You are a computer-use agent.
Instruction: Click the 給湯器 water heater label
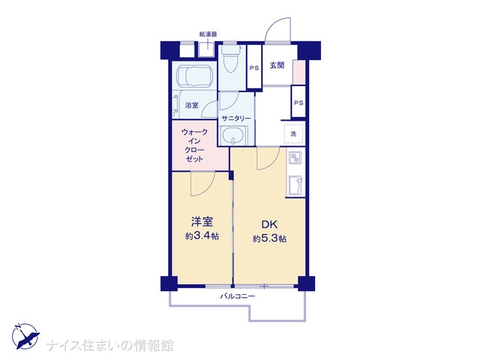(208, 34)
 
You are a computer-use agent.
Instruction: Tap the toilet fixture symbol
(231, 59)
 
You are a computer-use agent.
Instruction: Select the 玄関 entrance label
(277, 65)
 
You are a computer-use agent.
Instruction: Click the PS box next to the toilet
(254, 67)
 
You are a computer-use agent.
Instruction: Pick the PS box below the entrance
(298, 102)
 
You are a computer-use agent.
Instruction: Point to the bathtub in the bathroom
(193, 76)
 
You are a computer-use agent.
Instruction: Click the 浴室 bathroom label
(192, 105)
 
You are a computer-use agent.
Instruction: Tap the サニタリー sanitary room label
(236, 118)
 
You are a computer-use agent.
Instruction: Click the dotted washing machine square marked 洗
(293, 133)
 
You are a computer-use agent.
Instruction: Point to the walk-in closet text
(195, 145)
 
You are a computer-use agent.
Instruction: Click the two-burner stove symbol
(295, 158)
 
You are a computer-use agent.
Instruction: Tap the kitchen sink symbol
(295, 185)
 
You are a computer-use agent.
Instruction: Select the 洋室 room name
(202, 222)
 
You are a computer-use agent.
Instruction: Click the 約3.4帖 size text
(202, 236)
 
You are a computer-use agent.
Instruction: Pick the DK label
(269, 224)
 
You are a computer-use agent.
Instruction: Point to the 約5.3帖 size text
(269, 238)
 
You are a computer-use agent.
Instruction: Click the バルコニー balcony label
(238, 296)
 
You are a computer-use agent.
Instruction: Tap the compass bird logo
(25, 337)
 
